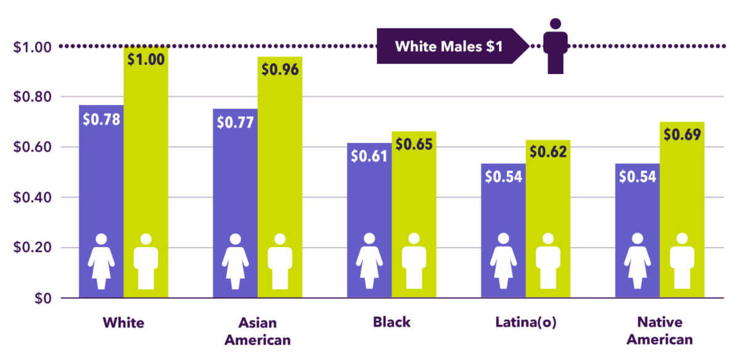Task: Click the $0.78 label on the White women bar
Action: [x=101, y=118]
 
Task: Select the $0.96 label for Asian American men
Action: [x=279, y=70]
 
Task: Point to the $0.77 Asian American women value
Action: [x=235, y=122]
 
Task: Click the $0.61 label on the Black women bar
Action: [x=369, y=156]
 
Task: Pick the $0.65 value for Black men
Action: [x=414, y=145]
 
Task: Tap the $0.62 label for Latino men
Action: [x=548, y=151]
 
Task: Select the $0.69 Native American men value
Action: [x=682, y=134]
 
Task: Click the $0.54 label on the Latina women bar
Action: [x=503, y=177]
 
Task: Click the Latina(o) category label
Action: [x=525, y=322]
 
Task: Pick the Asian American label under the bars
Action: [x=257, y=330]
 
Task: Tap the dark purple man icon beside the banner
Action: [x=555, y=46]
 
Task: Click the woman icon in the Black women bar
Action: [x=369, y=261]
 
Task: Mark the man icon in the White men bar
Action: [x=146, y=261]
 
